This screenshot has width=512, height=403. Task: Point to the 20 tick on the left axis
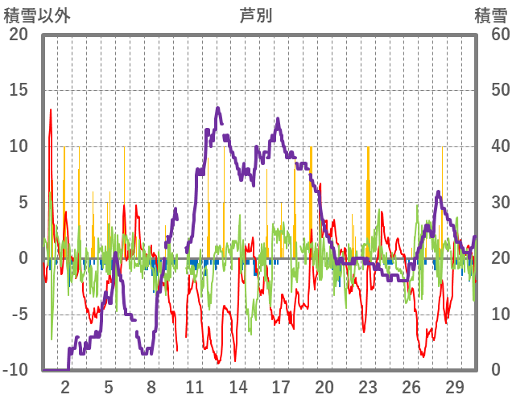(18, 35)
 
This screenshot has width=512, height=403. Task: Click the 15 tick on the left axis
(18, 90)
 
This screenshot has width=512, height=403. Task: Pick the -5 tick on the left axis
(18, 315)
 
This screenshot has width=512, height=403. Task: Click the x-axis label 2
(65, 386)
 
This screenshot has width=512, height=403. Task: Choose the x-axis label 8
(151, 386)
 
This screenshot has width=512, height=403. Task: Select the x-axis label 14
(237, 386)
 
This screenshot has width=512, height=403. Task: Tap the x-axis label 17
(281, 386)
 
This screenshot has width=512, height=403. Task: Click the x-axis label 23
(367, 386)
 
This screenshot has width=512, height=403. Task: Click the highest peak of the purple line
(218, 108)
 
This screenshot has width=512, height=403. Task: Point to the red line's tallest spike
(51, 109)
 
